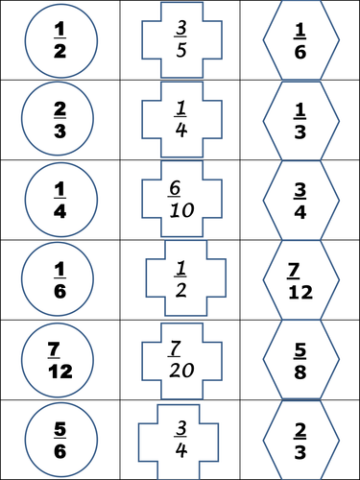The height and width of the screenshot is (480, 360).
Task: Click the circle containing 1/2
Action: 59,40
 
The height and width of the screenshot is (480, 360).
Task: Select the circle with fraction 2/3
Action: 59,120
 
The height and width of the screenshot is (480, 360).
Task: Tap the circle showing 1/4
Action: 59,200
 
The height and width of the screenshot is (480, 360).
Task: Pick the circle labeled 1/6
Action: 59,279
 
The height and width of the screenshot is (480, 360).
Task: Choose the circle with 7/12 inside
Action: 59,359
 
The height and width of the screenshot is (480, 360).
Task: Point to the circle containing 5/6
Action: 59,438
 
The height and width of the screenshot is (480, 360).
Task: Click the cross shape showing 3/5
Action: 180,40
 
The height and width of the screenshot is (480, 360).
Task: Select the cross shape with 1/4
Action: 180,120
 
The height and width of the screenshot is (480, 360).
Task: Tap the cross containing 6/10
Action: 180,200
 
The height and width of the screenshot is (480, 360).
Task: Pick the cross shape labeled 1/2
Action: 180,279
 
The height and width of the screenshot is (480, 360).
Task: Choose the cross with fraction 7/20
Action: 180,359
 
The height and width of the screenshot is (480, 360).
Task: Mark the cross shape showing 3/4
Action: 180,439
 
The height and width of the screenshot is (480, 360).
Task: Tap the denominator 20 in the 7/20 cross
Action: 180,371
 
